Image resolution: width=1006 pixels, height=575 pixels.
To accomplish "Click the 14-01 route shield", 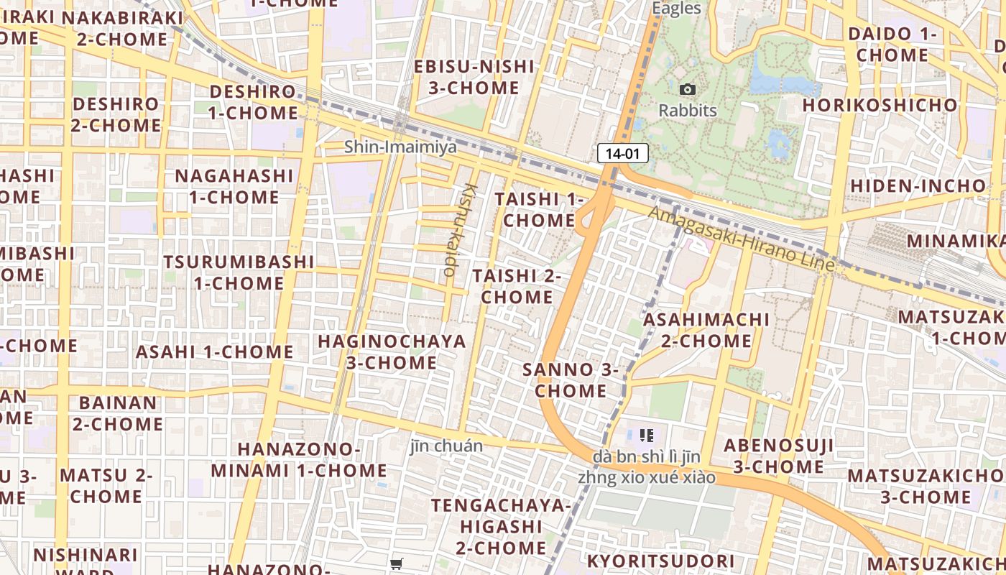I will [x=622, y=153].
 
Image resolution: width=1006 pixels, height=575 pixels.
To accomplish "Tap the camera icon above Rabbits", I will [x=688, y=90].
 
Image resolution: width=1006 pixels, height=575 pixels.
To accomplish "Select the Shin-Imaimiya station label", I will [x=400, y=147].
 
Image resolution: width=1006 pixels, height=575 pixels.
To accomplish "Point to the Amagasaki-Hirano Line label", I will [x=742, y=239].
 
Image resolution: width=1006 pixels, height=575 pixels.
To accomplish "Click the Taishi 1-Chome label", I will [x=539, y=209].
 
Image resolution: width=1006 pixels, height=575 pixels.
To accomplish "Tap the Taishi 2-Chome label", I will [x=517, y=286].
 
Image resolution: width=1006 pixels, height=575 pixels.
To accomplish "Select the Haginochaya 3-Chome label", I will [x=392, y=351].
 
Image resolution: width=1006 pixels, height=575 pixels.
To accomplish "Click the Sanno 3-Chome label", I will [x=571, y=380].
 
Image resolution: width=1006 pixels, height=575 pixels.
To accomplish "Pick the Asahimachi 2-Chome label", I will [x=706, y=329].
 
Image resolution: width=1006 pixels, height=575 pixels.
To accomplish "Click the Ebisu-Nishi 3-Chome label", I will [x=474, y=77].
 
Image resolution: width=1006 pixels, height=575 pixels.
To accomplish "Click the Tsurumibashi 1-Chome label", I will [x=239, y=272].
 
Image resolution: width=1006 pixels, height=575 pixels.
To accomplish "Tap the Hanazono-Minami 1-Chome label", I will [x=298, y=460].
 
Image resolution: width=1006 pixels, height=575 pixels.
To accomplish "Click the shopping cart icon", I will [x=396, y=564].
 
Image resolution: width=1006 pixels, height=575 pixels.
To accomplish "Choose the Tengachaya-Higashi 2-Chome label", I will [x=502, y=526].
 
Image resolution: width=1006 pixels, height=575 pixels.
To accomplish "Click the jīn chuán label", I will [x=446, y=446].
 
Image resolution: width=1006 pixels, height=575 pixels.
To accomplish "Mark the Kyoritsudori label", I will [x=661, y=561].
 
